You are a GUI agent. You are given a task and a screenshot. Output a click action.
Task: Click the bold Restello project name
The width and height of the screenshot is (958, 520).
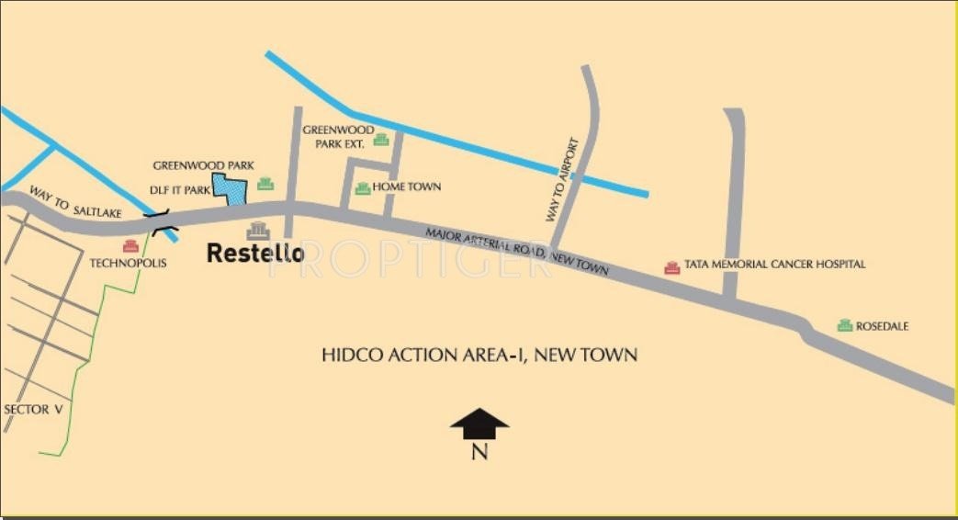coord(254,253)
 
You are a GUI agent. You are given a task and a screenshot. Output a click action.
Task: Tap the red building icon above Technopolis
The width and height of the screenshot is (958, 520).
coord(130,245)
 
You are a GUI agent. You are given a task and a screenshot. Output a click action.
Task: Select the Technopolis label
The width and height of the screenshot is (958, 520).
coord(128,263)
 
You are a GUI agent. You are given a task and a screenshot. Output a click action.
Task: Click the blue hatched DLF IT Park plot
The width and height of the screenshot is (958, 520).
coord(231,188)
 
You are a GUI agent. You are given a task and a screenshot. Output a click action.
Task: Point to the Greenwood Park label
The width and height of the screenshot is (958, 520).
coord(203,165)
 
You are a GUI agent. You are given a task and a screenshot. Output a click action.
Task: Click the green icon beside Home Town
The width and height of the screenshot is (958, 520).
coord(363,187)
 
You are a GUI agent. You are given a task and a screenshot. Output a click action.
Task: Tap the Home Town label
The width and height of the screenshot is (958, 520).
coord(407,187)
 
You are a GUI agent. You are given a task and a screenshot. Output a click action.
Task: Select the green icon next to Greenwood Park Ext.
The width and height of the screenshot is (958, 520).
coord(381,140)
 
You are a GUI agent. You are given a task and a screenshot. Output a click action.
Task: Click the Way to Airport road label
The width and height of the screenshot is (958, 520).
coord(563,180)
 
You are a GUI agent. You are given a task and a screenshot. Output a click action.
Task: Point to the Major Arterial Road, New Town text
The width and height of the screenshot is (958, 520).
coord(517,251)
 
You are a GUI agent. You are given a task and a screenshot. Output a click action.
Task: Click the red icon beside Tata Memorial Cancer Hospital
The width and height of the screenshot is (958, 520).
coord(671,266)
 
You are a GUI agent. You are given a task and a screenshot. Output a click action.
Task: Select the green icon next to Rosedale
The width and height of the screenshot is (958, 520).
coord(844,325)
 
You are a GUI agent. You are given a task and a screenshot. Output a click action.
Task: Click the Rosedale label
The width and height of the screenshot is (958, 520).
coord(883,326)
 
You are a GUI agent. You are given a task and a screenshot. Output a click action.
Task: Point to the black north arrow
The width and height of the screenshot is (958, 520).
coord(479,424)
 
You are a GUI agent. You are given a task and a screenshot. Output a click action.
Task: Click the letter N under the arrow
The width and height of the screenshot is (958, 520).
coord(479,451)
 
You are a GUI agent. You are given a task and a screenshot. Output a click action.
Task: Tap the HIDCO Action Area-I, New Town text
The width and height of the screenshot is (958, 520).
coord(479,355)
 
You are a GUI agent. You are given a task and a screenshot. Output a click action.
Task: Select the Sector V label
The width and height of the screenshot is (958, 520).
coord(33,410)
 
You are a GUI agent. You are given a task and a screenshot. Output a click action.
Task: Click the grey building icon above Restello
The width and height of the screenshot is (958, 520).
coord(258,230)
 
